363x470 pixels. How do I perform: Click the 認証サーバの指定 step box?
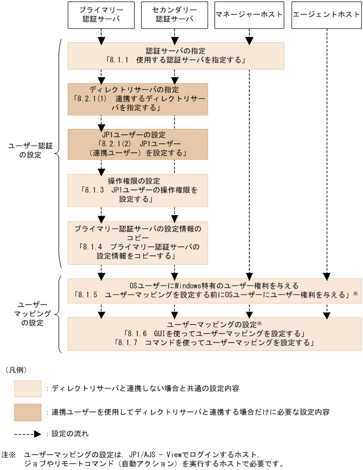point(175,56)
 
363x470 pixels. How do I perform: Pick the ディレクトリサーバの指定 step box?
point(137,99)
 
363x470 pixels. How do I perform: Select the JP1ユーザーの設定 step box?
point(137,144)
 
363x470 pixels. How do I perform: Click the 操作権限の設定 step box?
point(137,190)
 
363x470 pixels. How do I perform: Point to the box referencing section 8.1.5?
point(214,289)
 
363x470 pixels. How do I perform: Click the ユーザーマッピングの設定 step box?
point(214,334)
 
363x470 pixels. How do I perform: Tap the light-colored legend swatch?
point(27,389)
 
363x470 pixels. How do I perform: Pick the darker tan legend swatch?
point(27,412)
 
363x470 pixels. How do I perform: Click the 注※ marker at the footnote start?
point(9,454)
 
